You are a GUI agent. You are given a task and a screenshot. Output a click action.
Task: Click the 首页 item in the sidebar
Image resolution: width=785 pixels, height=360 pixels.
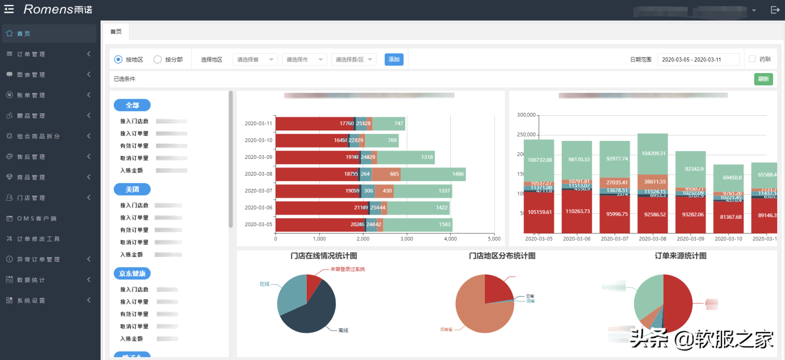(24, 34)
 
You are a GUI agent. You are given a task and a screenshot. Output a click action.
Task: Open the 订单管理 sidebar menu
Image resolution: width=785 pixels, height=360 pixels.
(31, 54)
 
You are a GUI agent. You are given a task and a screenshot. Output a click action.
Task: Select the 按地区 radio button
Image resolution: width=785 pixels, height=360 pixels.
(118, 59)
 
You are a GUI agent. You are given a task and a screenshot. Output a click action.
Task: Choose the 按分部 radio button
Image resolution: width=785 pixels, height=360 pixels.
(157, 59)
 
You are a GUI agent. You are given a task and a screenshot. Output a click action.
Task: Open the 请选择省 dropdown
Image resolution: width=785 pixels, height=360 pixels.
(255, 59)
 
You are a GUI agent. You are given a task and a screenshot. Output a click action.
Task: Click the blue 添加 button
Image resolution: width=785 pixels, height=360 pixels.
(394, 59)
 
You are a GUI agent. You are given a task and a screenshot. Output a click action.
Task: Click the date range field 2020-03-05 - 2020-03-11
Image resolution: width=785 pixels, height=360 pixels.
(698, 59)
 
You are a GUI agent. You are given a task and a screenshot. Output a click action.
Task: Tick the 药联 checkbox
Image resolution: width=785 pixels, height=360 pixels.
(752, 59)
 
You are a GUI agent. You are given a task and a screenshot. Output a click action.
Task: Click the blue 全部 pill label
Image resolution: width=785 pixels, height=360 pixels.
(132, 105)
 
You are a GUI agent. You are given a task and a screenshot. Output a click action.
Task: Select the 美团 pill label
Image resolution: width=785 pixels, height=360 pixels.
(132, 189)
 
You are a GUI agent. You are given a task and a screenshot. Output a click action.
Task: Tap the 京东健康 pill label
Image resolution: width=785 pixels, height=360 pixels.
(132, 274)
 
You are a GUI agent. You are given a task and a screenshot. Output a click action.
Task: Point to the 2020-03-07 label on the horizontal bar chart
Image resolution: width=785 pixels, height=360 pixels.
(258, 191)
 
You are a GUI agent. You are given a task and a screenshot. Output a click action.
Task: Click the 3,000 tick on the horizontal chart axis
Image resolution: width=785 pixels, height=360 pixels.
(407, 239)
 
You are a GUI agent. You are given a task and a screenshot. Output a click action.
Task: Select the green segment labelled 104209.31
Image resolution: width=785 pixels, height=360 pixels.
(653, 154)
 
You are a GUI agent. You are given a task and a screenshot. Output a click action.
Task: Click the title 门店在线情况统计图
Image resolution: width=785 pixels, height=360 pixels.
(324, 256)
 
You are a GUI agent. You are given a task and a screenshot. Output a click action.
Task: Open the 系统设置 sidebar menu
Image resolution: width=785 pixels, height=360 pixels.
(31, 301)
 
